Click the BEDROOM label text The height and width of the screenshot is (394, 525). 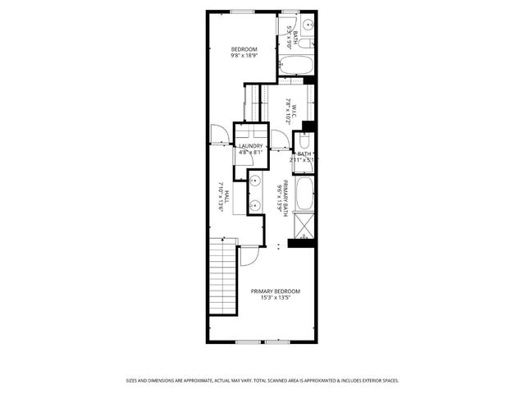tap(244, 49)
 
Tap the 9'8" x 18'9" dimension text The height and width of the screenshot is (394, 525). tap(244, 56)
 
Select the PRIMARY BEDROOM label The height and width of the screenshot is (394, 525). tap(275, 291)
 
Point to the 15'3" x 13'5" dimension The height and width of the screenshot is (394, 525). tap(275, 298)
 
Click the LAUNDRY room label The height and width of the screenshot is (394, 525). tap(251, 146)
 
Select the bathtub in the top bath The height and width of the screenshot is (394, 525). tap(296, 66)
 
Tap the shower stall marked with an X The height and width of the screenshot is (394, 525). tap(305, 222)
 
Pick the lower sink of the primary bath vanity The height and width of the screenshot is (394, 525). tap(255, 205)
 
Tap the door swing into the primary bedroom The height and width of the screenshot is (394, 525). tap(247, 257)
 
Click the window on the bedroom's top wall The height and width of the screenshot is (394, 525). tap(242, 11)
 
